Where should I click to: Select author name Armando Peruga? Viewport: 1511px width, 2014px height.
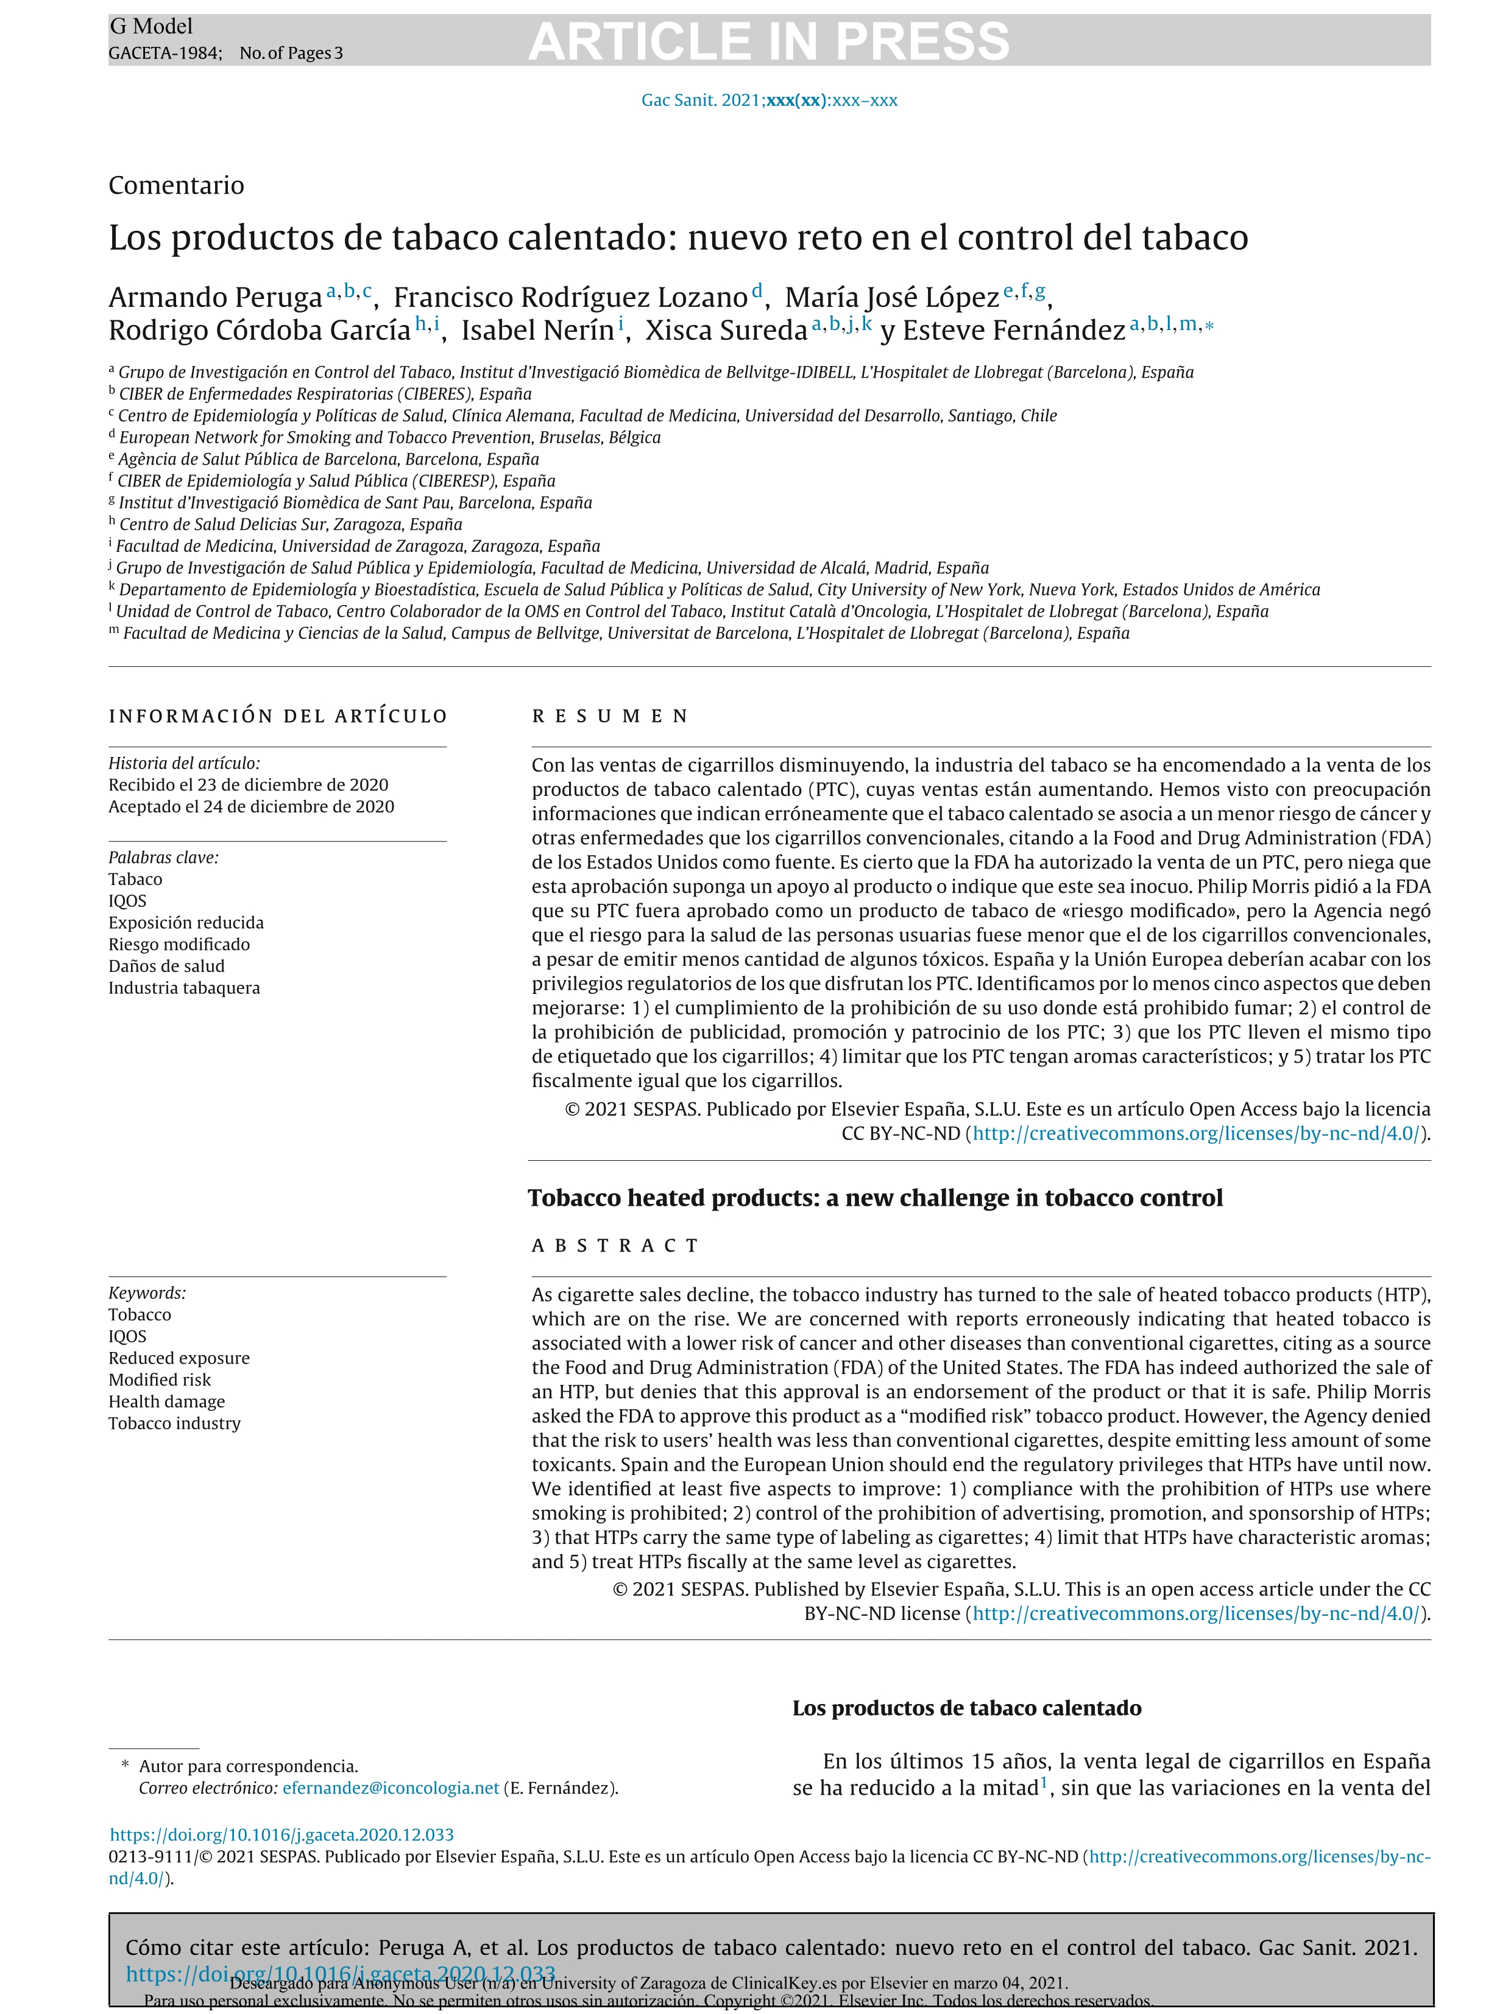(215, 298)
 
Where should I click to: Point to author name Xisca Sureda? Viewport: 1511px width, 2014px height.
(726, 331)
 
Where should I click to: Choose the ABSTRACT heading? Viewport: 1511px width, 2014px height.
(615, 1245)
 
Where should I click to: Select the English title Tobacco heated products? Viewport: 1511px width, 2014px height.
(874, 1197)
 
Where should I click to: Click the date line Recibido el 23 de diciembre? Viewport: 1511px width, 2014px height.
(248, 785)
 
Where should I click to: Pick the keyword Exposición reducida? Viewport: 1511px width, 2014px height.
(186, 922)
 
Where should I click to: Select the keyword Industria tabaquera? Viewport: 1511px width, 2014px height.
(184, 988)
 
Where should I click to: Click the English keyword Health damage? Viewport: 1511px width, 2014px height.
(167, 1401)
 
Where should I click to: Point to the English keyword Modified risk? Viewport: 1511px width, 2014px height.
(160, 1379)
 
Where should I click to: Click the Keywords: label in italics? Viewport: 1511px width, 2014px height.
(147, 1293)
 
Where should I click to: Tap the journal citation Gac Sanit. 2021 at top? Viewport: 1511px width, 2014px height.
(769, 100)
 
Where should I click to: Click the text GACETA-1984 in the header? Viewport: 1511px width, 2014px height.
(163, 53)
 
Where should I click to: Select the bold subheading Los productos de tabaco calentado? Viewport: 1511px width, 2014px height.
(966, 1708)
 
